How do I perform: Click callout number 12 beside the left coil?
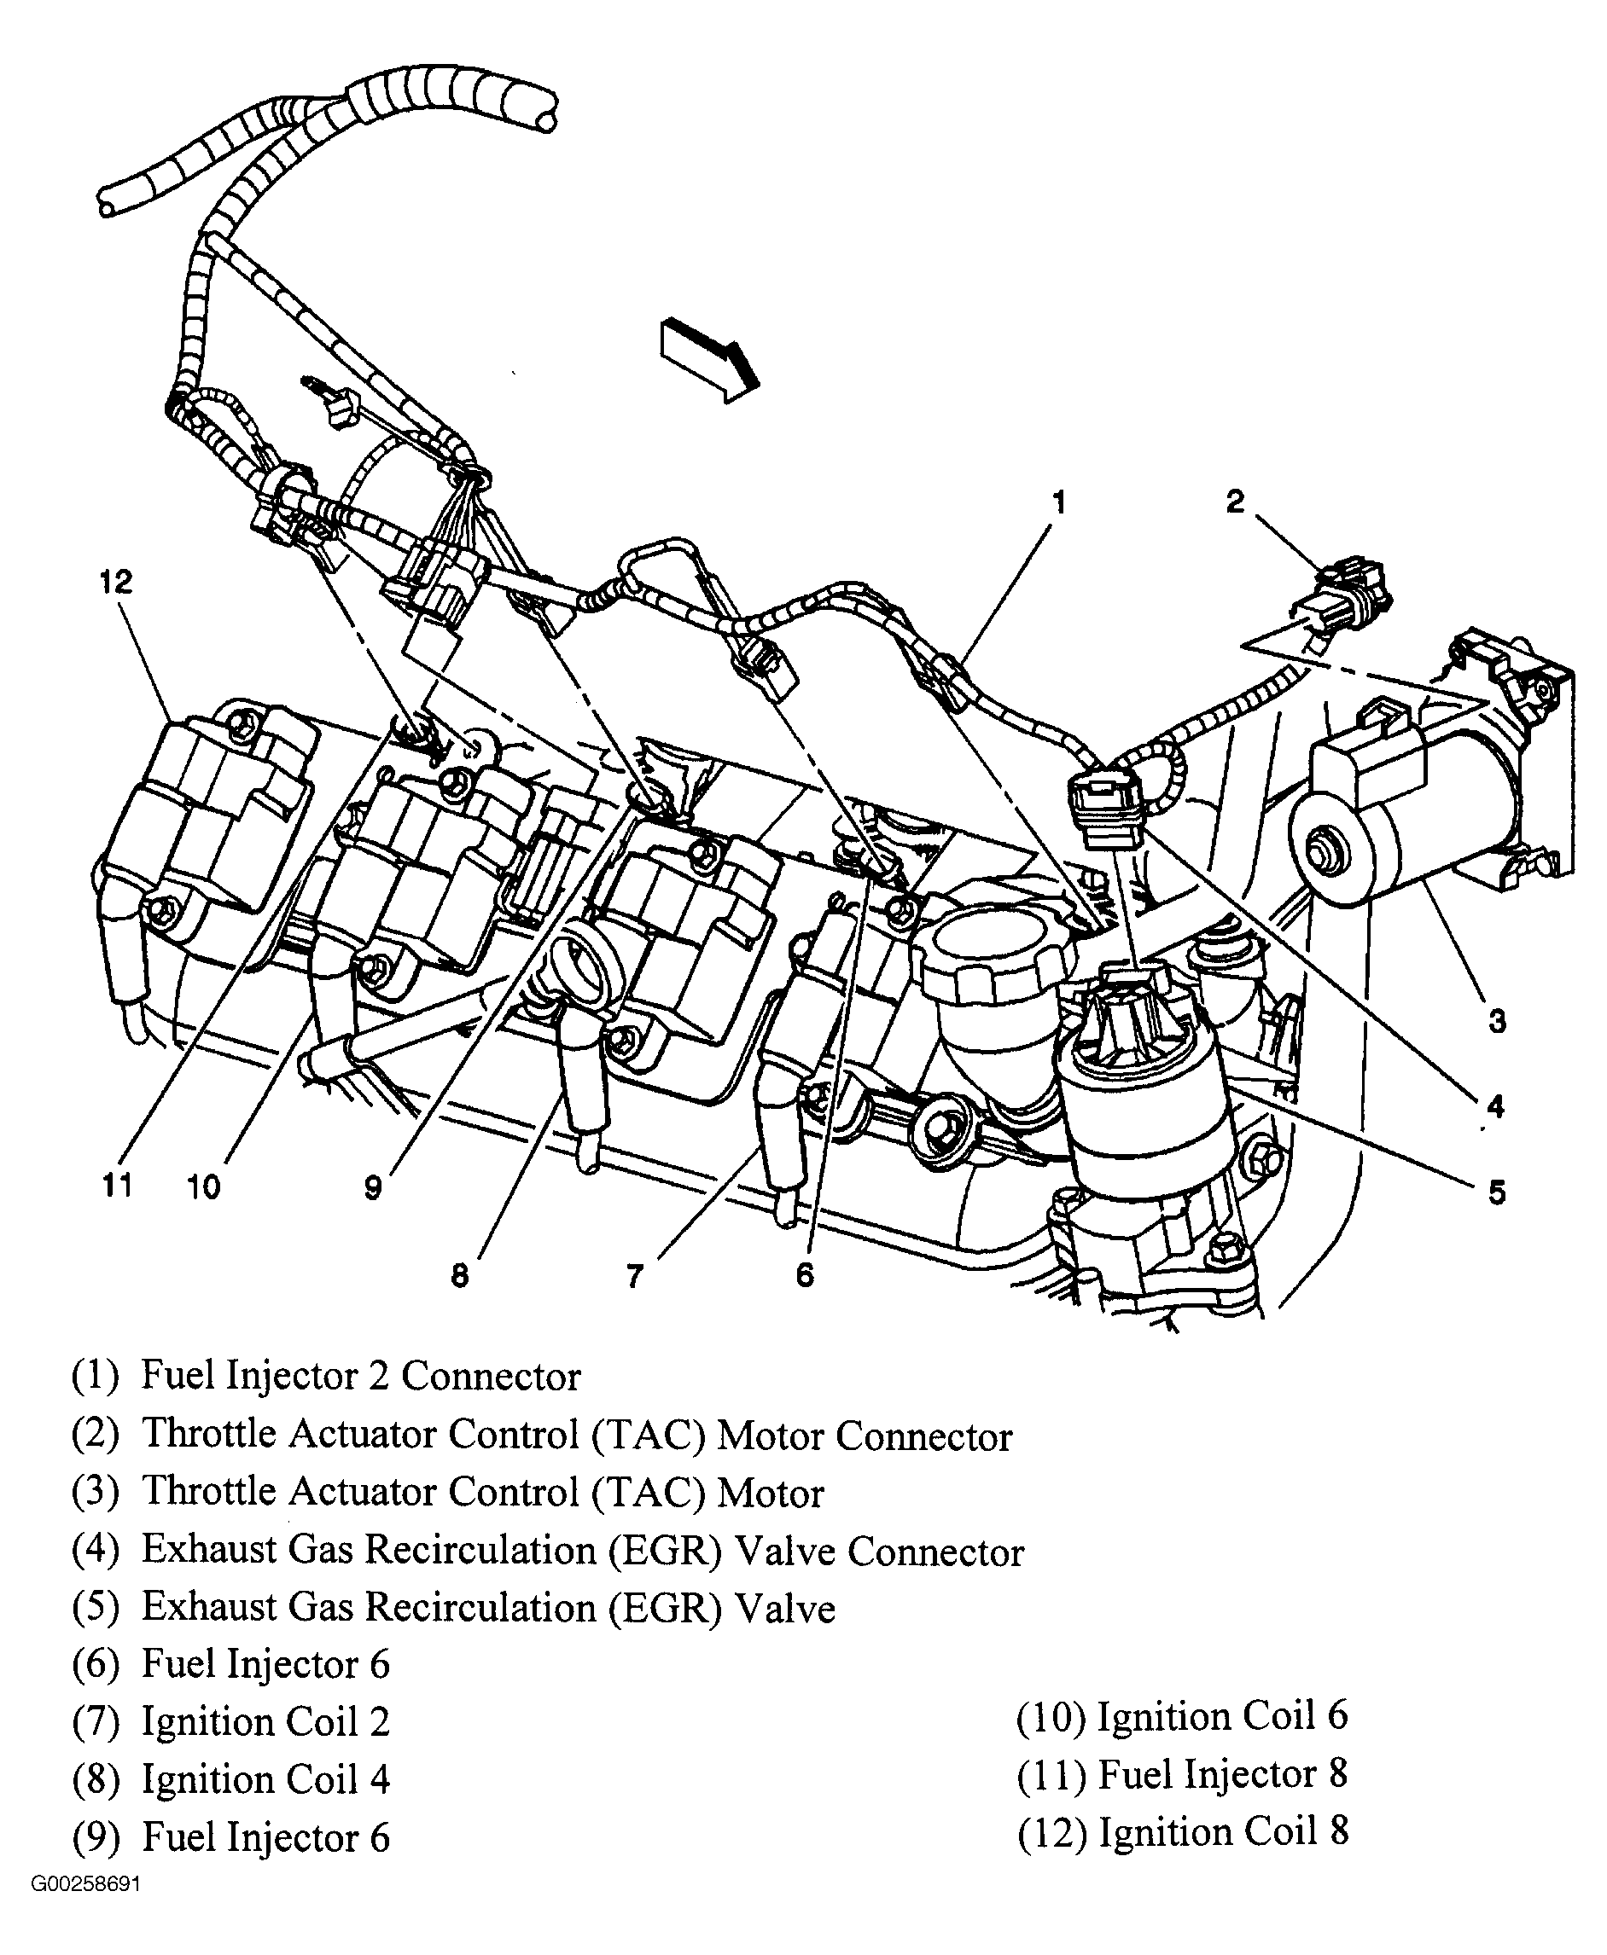[116, 582]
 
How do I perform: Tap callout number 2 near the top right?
[1235, 502]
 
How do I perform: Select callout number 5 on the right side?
[1497, 1192]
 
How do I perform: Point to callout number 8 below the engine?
[460, 1275]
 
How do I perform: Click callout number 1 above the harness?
[1059, 502]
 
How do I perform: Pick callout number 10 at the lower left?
[204, 1187]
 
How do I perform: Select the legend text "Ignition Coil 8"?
[1223, 1831]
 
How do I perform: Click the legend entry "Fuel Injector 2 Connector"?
[360, 1377]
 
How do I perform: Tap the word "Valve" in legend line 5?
[785, 1609]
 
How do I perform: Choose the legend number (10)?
[1050, 1716]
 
